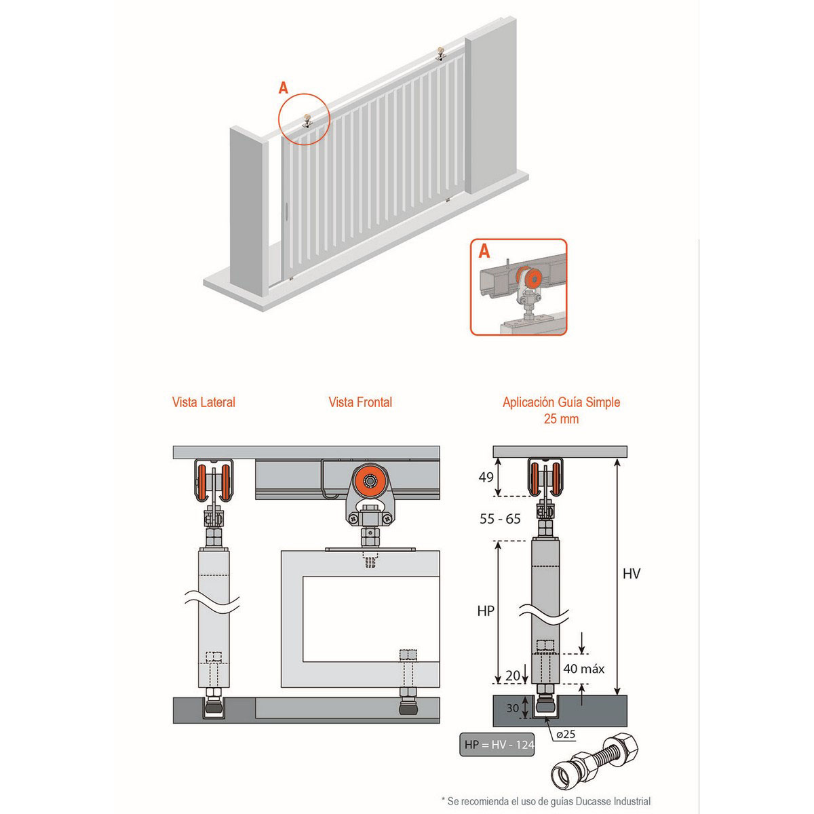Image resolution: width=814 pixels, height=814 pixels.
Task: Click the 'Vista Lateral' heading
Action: click(x=203, y=402)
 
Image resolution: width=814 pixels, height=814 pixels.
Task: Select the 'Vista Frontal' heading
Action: click(x=360, y=402)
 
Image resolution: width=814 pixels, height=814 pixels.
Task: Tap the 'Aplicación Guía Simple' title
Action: click(x=561, y=402)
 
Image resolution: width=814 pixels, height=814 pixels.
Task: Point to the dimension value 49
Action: click(x=486, y=477)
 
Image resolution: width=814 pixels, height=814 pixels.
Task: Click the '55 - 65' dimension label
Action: click(x=500, y=519)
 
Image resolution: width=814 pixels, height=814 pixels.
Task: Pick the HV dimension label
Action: click(x=632, y=574)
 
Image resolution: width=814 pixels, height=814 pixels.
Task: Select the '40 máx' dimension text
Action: click(x=583, y=668)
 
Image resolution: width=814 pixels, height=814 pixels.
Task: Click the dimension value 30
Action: click(x=513, y=708)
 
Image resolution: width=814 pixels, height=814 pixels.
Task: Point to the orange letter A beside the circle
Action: click(x=284, y=88)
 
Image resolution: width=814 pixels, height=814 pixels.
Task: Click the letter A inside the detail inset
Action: click(x=484, y=252)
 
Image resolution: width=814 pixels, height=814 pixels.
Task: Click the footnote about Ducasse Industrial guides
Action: click(x=546, y=801)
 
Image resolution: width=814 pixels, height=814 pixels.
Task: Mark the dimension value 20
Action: click(x=513, y=676)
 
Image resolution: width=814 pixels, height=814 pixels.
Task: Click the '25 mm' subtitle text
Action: click(x=561, y=419)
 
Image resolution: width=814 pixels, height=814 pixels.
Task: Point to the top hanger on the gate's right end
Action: click(x=441, y=53)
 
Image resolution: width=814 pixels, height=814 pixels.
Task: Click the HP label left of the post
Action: click(x=486, y=610)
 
